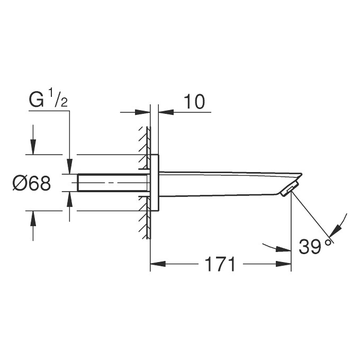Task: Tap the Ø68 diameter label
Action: (x=32, y=184)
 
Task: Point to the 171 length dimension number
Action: (x=220, y=264)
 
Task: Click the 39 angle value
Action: (x=310, y=247)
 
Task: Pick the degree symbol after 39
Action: (x=328, y=241)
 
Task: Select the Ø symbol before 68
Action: (x=20, y=184)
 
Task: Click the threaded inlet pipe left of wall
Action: (x=111, y=183)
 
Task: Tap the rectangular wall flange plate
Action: (x=155, y=183)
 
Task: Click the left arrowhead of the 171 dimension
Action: (x=157, y=263)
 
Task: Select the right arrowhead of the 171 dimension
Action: (x=285, y=263)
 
